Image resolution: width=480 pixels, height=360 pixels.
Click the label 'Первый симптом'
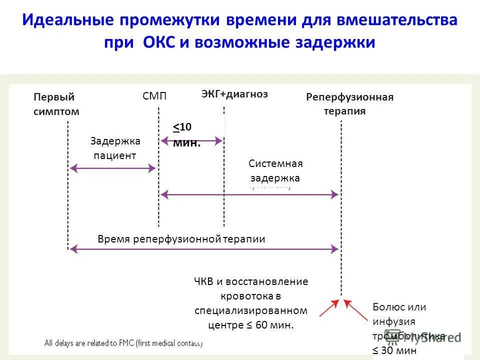(56, 104)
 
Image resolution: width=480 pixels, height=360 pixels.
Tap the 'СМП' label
(154, 96)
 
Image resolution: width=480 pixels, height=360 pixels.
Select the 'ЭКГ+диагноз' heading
(234, 93)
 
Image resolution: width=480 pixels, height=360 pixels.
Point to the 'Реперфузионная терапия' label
(349, 104)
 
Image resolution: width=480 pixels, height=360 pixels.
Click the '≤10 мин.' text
(186, 135)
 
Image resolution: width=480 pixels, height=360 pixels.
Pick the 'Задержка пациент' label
(115, 148)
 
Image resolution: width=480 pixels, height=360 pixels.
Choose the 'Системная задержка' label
(275, 170)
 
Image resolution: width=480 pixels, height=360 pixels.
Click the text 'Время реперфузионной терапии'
(181, 239)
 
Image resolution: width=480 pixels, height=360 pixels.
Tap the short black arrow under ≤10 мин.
(191, 141)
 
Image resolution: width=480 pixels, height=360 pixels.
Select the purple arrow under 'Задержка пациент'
(113, 168)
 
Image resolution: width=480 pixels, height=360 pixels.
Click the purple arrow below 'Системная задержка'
(249, 195)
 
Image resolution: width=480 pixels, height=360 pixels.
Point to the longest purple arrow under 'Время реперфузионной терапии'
(204, 247)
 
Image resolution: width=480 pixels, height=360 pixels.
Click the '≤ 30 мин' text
(394, 350)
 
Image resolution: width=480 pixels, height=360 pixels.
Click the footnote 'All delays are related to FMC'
(122, 343)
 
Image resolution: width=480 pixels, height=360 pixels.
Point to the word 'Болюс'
(385, 307)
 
